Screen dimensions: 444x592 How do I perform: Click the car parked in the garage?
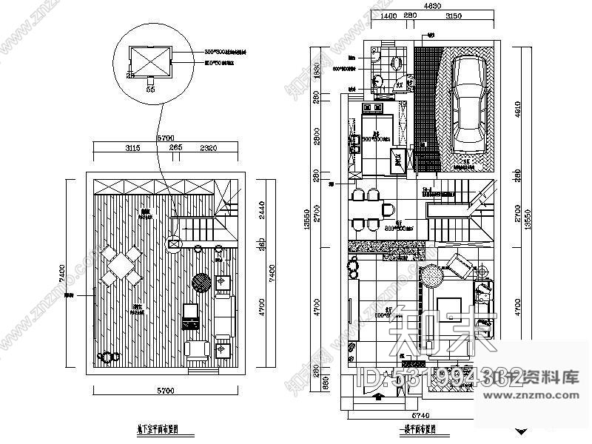[468, 100]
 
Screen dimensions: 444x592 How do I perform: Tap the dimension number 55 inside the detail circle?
[151, 89]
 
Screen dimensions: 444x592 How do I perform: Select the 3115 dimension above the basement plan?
[132, 148]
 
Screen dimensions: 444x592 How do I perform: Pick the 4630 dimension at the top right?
[434, 6]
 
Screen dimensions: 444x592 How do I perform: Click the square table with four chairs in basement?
[121, 266]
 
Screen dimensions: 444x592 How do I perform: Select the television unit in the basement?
[190, 315]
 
